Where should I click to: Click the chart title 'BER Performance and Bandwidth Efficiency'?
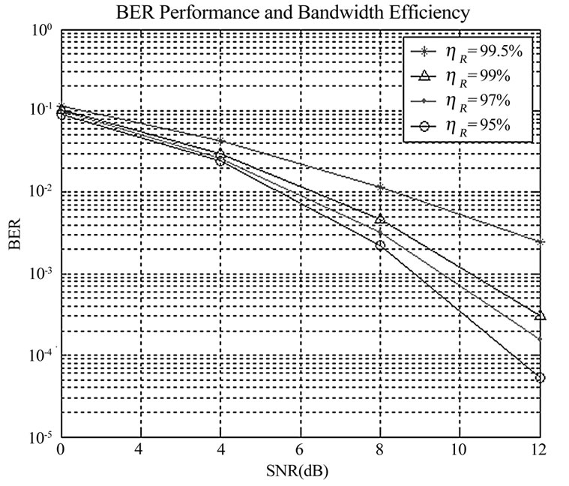click(298, 13)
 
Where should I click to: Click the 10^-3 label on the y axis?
click(38, 273)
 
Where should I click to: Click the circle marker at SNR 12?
click(540, 378)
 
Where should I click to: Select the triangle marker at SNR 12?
click(540, 316)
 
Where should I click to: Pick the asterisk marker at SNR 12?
click(540, 241)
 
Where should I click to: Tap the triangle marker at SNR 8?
click(381, 219)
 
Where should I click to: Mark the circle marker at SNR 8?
click(381, 245)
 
